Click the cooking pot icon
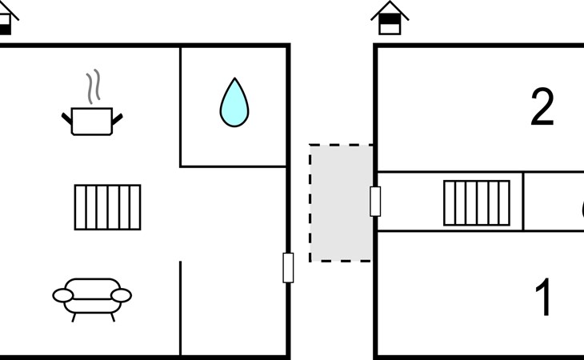point(92,121)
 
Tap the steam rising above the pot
point(94,88)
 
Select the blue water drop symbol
point(234,103)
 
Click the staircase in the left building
point(107,207)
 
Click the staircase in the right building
point(476,202)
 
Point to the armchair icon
point(92,297)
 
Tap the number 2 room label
point(542,108)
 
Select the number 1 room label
point(543,298)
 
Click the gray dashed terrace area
point(340,202)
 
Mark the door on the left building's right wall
point(288,267)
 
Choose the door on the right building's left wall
point(374,201)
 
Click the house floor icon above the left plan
point(5,20)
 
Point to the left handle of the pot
point(66,120)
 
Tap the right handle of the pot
point(118,120)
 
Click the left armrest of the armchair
point(62,296)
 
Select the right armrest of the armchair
point(121,296)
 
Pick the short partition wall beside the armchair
point(180,308)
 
